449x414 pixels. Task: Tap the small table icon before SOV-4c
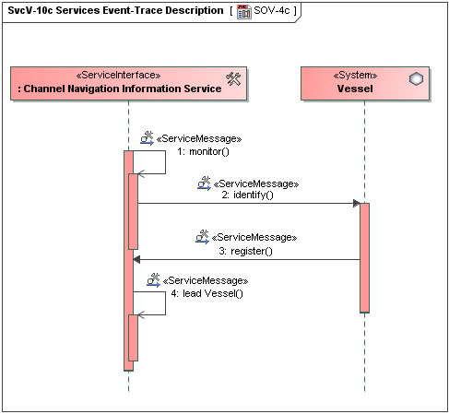(x=243, y=11)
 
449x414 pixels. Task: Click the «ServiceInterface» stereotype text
(x=121, y=76)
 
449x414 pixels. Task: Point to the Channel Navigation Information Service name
(x=120, y=89)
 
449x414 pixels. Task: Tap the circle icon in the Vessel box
(x=416, y=80)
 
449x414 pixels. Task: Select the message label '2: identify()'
(x=248, y=195)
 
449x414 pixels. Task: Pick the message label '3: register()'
(x=245, y=250)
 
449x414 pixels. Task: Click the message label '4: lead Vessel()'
(x=207, y=293)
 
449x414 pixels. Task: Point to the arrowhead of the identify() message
(x=355, y=203)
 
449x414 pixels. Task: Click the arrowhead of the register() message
(x=136, y=259)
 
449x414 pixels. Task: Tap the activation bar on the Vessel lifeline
(x=364, y=258)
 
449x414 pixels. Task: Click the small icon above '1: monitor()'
(x=147, y=137)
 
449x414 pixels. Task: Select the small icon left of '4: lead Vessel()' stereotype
(x=153, y=279)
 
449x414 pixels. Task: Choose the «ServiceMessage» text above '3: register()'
(x=255, y=238)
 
